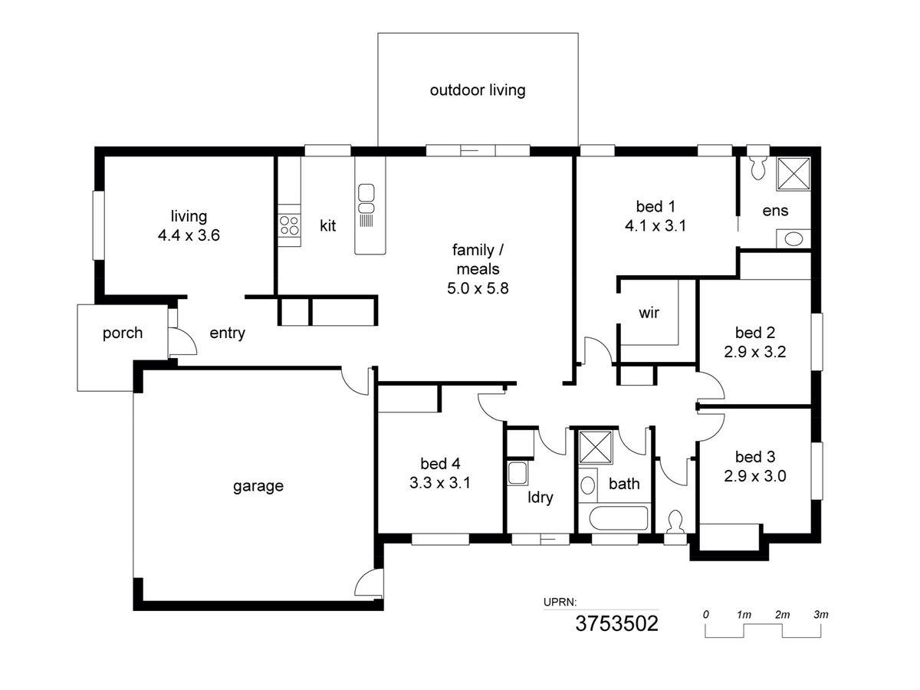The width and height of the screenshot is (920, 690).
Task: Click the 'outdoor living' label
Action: coord(478,90)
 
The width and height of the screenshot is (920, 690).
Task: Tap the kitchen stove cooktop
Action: coord(289,225)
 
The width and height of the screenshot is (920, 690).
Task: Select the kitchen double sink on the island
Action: coord(366,199)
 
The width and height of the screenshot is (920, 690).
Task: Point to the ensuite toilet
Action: coord(757,168)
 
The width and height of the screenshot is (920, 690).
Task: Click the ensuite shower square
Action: coord(793,173)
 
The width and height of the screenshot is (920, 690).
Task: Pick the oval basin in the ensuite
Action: coord(793,239)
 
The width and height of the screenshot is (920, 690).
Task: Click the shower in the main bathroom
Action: coord(595,447)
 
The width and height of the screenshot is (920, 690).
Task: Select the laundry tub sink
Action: coord(517,473)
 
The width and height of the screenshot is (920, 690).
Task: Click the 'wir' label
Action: coord(649,313)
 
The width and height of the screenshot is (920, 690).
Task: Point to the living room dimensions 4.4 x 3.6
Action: coord(189,235)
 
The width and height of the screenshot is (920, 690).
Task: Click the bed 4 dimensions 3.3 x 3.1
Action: coord(439,483)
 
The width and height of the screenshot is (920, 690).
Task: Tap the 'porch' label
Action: coord(123,333)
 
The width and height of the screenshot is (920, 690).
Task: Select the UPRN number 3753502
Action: coord(616,624)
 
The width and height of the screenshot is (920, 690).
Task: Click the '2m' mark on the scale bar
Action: coord(782,615)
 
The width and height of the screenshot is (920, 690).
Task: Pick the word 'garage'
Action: coord(258,486)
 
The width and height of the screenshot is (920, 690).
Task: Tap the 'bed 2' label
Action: coord(755,333)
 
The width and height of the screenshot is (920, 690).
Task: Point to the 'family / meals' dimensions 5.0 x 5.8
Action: coord(478,288)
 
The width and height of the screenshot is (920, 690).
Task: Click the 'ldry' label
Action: coord(540,498)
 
